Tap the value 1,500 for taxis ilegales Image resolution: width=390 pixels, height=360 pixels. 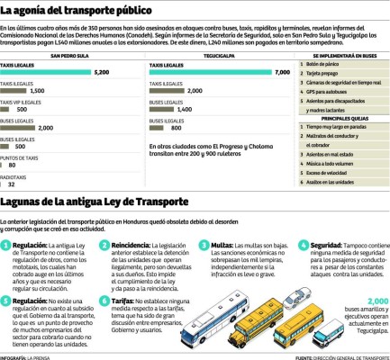click(x=37, y=91)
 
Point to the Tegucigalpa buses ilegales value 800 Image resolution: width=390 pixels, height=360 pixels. click(x=177, y=128)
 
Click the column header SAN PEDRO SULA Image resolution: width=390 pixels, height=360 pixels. click(x=72, y=56)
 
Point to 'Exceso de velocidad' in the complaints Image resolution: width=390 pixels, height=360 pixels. click(x=330, y=172)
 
